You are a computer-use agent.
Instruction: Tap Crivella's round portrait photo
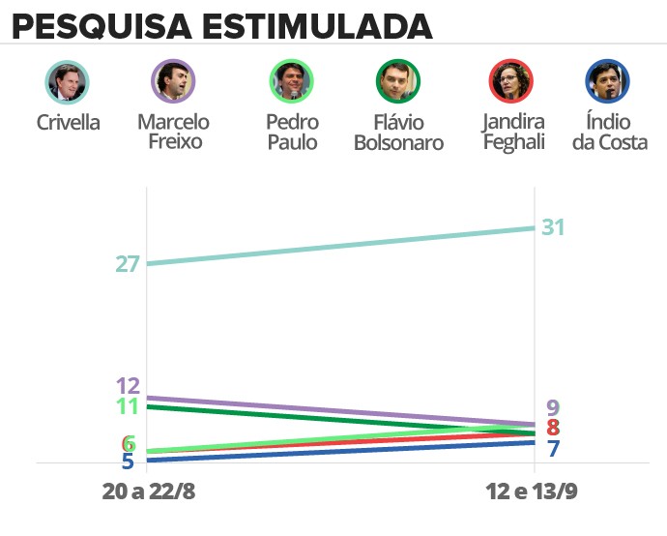coord(68,82)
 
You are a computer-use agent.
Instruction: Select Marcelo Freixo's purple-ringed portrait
coord(173,82)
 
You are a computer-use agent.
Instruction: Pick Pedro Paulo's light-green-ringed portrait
coord(291,82)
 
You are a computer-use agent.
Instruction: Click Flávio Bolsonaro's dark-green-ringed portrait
coord(397,82)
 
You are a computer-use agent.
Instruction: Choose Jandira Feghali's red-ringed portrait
coord(512,82)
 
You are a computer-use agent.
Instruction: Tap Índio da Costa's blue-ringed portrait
coord(608,82)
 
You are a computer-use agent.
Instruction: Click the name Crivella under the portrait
coord(68,123)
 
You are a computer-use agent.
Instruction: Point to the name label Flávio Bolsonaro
coord(397,133)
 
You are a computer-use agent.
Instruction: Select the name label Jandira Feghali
coord(512,133)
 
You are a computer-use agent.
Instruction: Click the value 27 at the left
coord(128,263)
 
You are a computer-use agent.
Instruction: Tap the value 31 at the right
coord(553,228)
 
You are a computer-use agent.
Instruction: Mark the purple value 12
coord(128,385)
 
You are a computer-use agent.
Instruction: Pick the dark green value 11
coord(128,406)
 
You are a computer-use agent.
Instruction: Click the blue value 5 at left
coord(128,462)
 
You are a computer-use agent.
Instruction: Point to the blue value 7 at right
coord(553,449)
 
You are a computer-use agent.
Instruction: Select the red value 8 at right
coord(553,428)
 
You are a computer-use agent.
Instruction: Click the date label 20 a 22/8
coord(149,492)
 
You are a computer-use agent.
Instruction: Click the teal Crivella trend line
coord(338,246)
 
